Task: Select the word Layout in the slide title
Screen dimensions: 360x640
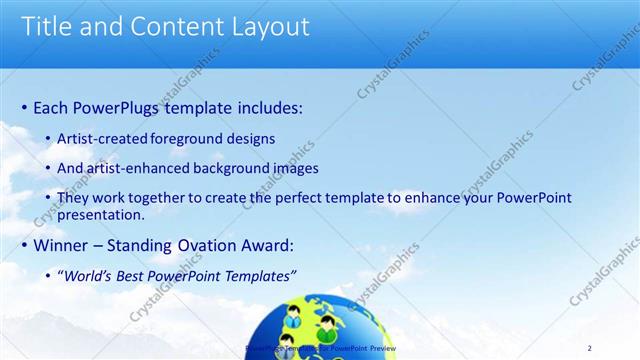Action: click(x=267, y=26)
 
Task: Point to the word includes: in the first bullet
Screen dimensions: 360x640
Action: click(x=264, y=107)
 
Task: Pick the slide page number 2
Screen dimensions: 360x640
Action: click(x=589, y=347)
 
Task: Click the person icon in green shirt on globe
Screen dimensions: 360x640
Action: click(x=327, y=326)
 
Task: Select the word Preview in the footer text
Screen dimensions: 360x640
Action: click(x=380, y=348)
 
